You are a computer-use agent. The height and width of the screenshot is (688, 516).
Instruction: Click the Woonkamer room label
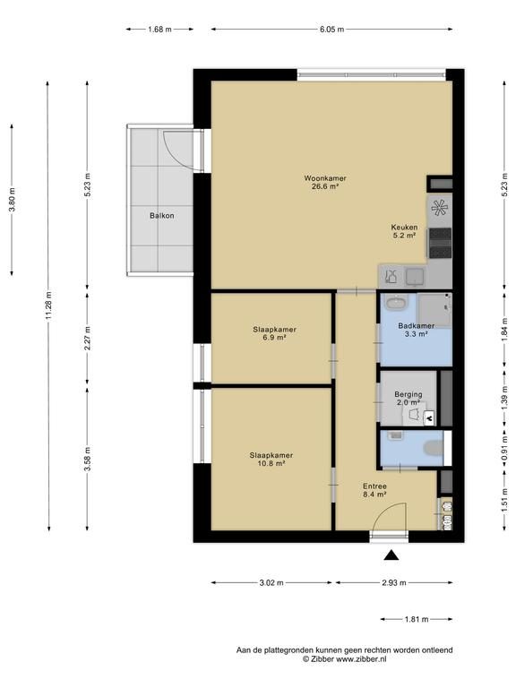point(325,182)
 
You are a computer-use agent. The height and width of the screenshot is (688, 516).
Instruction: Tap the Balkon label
point(162,215)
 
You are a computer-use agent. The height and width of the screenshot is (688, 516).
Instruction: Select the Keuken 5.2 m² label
point(404,231)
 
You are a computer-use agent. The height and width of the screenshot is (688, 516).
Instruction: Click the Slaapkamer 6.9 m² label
point(274,333)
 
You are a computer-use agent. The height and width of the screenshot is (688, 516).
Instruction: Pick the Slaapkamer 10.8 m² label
point(271,459)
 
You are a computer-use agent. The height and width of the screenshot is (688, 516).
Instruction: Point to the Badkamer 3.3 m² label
point(416,330)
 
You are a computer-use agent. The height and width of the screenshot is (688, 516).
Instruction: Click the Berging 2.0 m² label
point(408,398)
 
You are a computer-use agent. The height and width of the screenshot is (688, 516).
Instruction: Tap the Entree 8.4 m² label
point(374,490)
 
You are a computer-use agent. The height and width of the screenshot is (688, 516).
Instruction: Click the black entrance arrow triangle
point(391,555)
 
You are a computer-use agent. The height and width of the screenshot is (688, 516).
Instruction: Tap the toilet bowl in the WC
point(434,449)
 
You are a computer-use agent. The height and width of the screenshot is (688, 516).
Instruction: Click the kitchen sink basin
point(415,277)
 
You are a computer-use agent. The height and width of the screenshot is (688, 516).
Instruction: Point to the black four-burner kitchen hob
point(440,243)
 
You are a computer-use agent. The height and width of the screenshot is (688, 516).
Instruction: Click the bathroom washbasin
point(397,302)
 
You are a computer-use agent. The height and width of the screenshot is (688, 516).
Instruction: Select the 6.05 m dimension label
point(331,30)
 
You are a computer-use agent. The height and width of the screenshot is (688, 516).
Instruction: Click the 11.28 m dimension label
point(48,305)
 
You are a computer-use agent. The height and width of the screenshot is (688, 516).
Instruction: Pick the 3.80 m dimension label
point(12,200)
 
